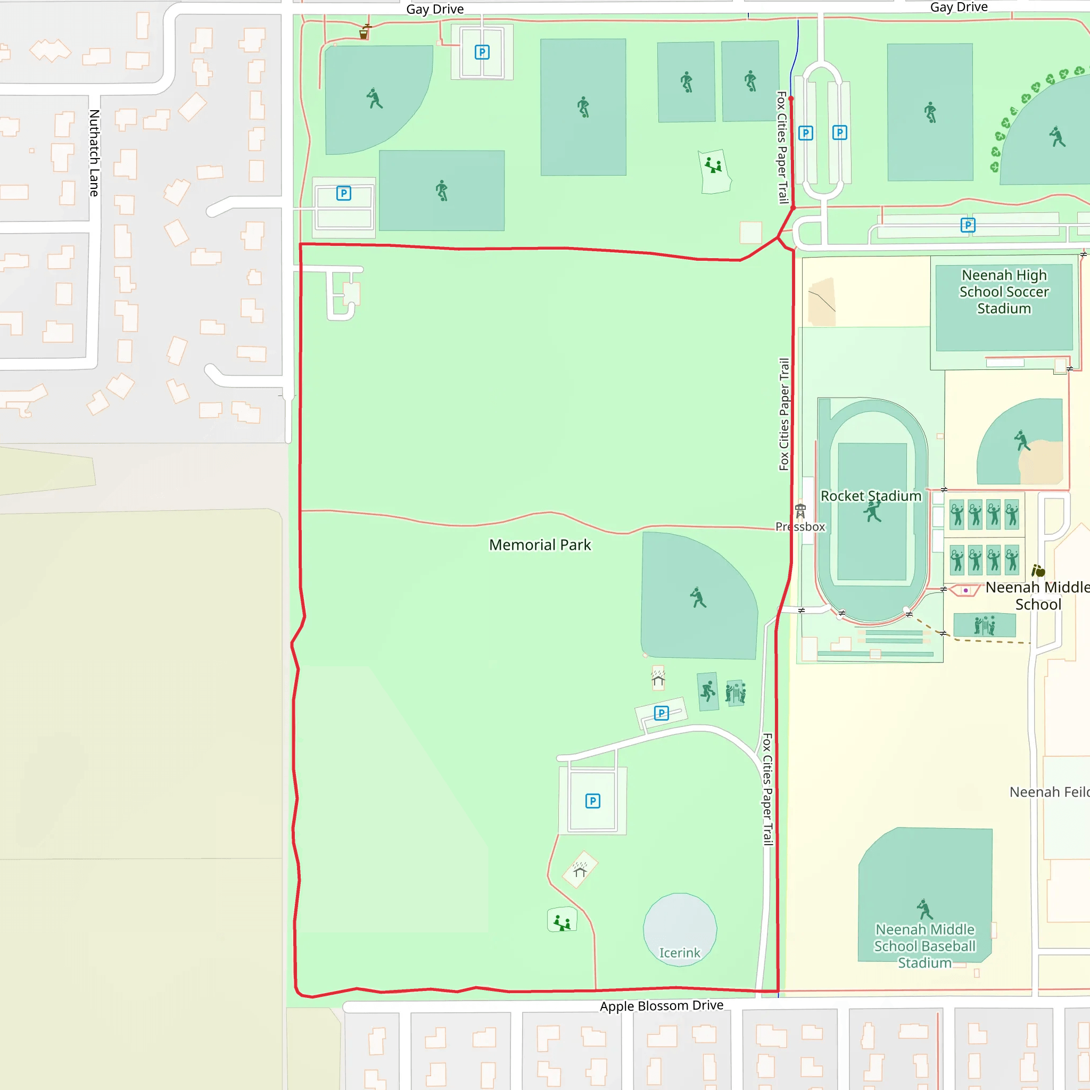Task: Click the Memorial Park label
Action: point(540,545)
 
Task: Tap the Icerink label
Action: point(679,953)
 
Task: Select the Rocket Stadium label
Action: point(871,496)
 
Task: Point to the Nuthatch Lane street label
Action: point(94,153)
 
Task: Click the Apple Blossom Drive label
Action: point(661,1006)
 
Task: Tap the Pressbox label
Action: point(800,527)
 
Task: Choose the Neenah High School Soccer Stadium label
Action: point(1004,292)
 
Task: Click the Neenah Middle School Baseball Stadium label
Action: point(924,946)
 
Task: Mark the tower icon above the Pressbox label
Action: point(800,511)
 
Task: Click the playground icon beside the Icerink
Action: point(562,923)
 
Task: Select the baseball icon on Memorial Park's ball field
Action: point(698,598)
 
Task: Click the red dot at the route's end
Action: point(791,99)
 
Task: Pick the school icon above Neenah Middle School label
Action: point(1038,571)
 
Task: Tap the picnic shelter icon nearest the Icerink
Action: point(580,870)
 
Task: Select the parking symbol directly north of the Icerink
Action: point(592,801)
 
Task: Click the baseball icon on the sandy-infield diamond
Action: point(1022,441)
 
